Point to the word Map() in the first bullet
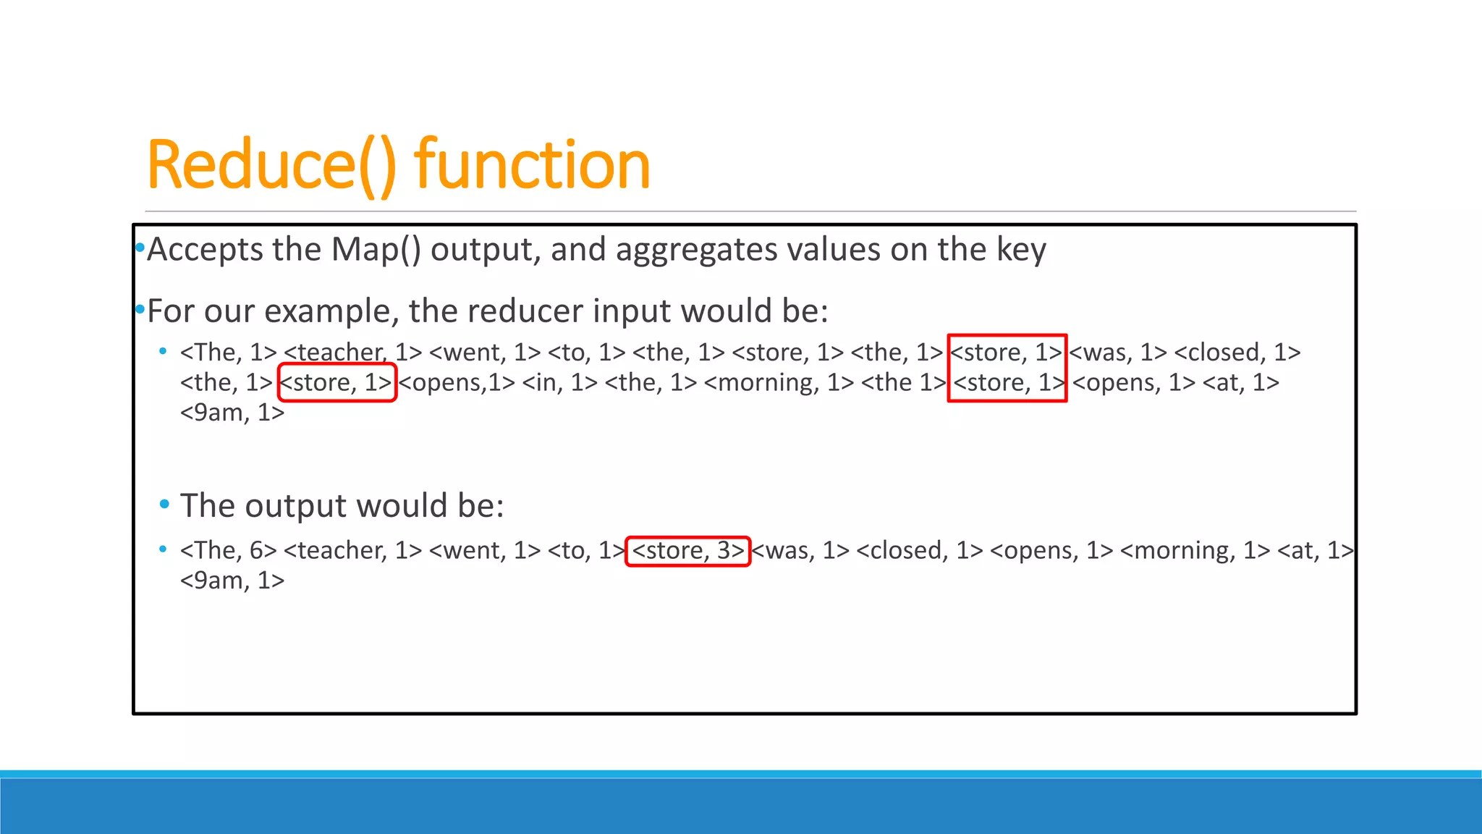tap(376, 250)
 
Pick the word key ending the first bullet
tap(1021, 250)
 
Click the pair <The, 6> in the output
tap(229, 551)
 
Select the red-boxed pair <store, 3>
tap(687, 551)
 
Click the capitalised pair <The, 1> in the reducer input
tap(229, 353)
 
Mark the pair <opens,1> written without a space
tap(457, 382)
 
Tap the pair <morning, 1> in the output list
tap(1195, 551)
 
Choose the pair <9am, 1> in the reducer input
tap(232, 413)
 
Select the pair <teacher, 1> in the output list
tap(352, 551)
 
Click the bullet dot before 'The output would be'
tap(164, 504)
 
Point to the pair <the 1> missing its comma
tap(903, 382)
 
